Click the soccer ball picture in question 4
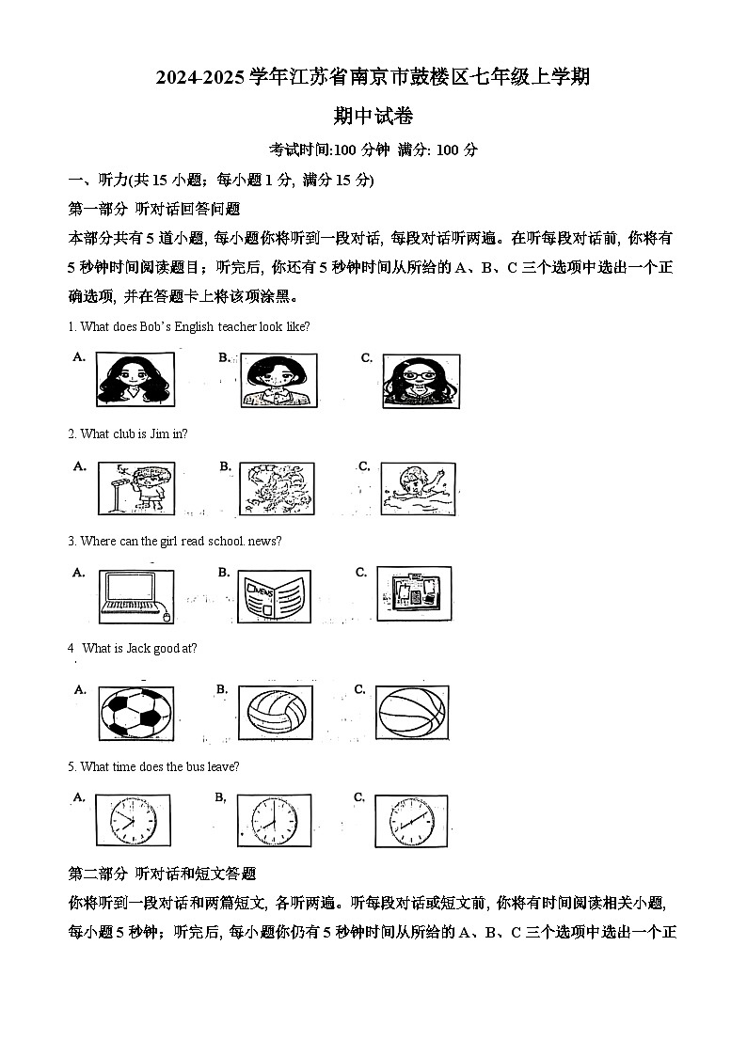136,714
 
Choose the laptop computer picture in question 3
136,595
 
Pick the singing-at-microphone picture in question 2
136,488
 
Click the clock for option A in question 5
133,821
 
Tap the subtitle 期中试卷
373,117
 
